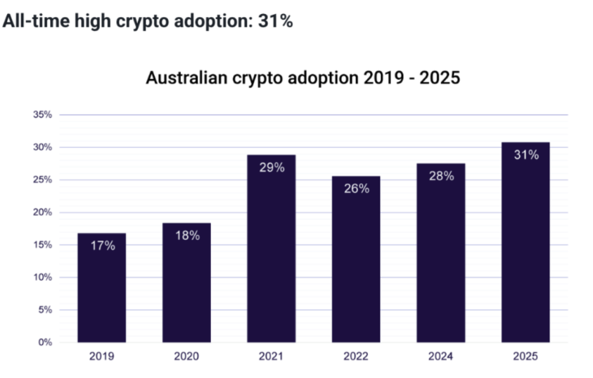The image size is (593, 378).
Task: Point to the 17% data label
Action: [x=101, y=246]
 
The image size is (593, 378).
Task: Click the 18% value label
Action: [x=186, y=236]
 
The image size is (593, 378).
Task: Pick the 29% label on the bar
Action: [x=271, y=168]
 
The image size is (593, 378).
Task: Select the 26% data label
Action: [x=356, y=189]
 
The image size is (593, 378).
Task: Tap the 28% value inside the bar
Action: [x=441, y=176]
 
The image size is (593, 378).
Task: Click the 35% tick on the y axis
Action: [x=43, y=115]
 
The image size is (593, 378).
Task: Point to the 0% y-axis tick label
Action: [x=46, y=342]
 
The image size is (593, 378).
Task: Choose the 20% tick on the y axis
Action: [x=43, y=212]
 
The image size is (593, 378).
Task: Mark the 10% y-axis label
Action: [x=43, y=277]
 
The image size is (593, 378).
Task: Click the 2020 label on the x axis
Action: [x=186, y=357]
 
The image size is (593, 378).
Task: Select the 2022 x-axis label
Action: [x=356, y=357]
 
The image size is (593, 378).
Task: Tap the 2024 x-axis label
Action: [x=441, y=357]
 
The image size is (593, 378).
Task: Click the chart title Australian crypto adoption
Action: [x=302, y=77]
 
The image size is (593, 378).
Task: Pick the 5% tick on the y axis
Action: [x=46, y=310]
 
